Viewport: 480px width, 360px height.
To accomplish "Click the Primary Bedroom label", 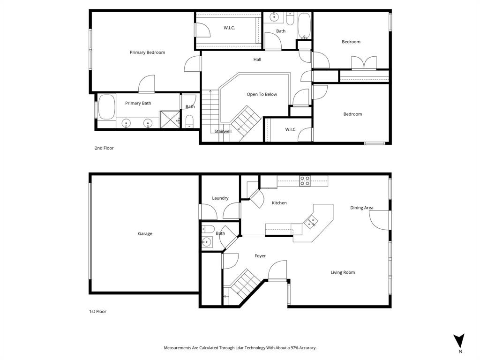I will coord(147,52).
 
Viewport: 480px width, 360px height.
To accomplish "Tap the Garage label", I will coord(145,233).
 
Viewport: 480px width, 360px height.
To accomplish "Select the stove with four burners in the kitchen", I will coord(305,180).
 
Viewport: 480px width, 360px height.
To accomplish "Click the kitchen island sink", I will coord(311,222).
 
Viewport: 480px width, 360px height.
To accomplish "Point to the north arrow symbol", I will coord(460,341).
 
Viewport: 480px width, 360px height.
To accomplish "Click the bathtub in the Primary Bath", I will coord(107,107).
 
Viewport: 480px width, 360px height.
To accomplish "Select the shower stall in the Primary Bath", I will coord(170,119).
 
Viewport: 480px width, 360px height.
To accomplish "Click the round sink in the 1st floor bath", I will coord(206,242).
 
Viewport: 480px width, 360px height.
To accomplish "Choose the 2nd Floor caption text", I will coord(104,148).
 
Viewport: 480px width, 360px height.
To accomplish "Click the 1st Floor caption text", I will coord(97,311).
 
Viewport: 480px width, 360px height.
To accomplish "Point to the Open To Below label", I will coord(262,94).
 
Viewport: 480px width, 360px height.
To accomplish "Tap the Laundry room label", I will coord(220,198).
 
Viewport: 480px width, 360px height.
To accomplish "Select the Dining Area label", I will coord(362,208).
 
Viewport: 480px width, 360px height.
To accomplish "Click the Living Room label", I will coord(343,272).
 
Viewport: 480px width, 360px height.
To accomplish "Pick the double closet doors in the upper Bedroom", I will coord(364,63).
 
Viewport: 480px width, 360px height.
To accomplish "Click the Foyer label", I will coord(260,256).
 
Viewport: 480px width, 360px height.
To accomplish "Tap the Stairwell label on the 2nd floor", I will coord(223,131).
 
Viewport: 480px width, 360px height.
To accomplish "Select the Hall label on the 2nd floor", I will coord(257,60).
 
